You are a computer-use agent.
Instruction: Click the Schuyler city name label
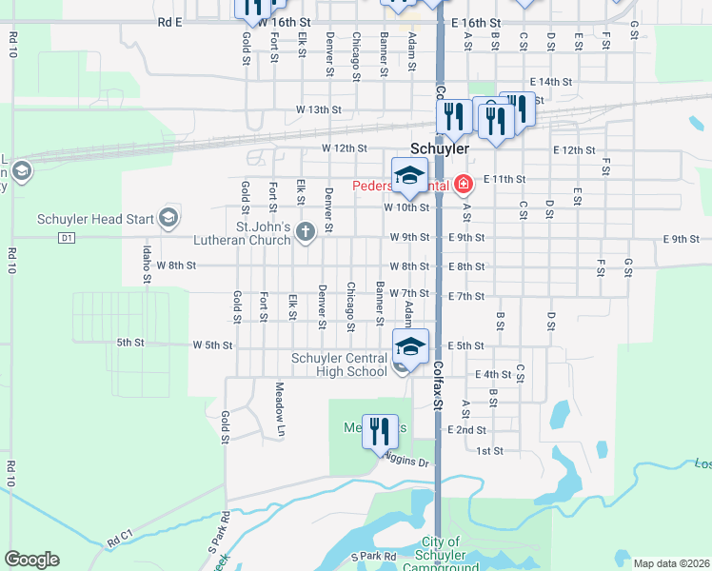(x=440, y=149)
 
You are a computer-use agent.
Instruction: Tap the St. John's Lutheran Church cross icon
(x=306, y=232)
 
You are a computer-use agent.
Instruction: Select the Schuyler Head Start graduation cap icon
(x=169, y=219)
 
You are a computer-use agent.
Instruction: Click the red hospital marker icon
(x=464, y=183)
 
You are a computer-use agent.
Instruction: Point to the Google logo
(x=31, y=560)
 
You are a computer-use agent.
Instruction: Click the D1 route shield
(x=66, y=237)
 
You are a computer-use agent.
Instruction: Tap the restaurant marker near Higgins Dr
(x=380, y=432)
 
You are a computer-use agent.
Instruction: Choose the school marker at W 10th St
(x=409, y=177)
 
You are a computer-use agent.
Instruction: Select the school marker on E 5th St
(x=410, y=347)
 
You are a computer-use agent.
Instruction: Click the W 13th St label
(x=318, y=109)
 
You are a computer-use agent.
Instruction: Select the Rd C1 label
(x=121, y=540)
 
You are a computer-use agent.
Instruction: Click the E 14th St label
(x=550, y=82)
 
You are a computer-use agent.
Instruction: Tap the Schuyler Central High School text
(x=339, y=364)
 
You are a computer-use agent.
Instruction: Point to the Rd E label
(x=170, y=21)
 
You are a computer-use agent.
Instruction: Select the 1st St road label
(x=489, y=450)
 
